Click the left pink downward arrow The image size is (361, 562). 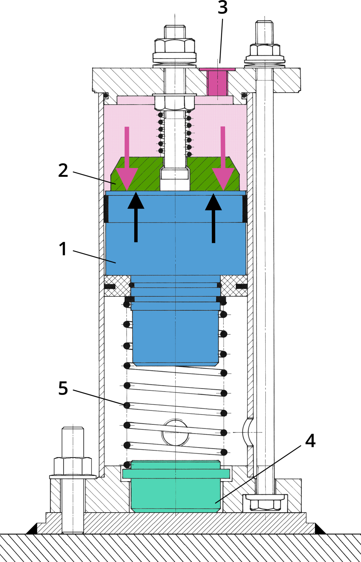126,168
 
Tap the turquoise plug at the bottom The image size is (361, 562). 175,487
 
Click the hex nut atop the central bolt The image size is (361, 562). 174,45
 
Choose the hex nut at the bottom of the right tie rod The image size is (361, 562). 264,503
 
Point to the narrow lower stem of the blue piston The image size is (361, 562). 175,337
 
